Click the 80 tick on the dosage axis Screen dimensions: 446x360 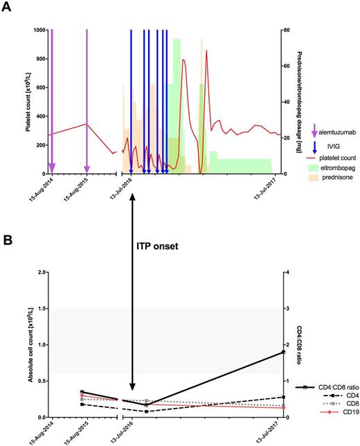[x=285, y=30]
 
